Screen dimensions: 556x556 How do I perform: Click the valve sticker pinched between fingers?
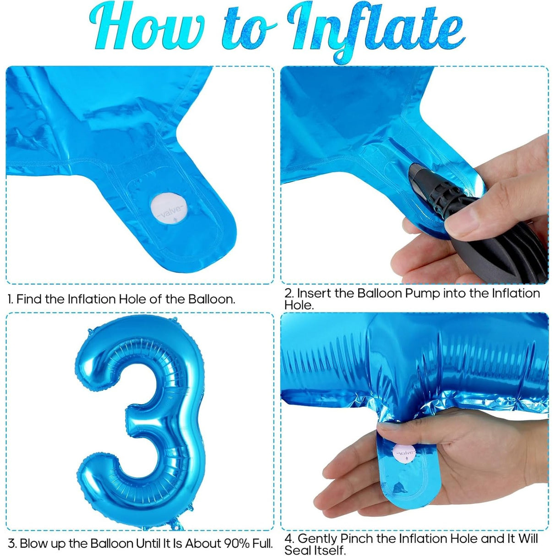click(405, 454)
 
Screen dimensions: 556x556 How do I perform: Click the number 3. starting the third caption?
click(12, 544)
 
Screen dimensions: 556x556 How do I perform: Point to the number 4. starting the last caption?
click(289, 539)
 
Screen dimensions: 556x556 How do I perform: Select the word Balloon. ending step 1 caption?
click(212, 300)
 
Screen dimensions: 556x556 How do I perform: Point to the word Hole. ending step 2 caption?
click(299, 305)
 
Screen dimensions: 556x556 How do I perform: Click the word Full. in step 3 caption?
click(263, 544)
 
